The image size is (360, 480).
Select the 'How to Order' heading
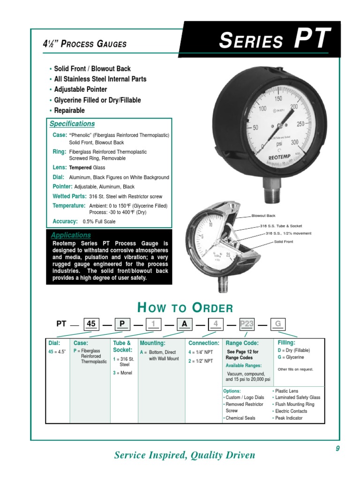[185, 308]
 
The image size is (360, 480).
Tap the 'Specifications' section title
[72, 124]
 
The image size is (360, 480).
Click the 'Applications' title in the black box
[71, 235]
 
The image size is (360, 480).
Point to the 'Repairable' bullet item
[69, 111]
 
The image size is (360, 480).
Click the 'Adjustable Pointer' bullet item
[80, 90]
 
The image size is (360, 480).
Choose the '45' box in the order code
[91, 323]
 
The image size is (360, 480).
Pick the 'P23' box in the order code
[247, 323]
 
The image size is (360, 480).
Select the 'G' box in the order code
[277, 323]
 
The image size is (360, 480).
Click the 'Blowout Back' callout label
[263, 216]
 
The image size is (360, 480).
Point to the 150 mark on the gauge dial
[277, 99]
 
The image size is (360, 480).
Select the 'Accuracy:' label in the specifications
[65, 221]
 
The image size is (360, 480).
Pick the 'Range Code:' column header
[242, 343]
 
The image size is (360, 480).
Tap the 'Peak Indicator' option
[289, 418]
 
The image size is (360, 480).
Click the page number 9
[337, 449]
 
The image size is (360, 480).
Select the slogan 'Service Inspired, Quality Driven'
[185, 455]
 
